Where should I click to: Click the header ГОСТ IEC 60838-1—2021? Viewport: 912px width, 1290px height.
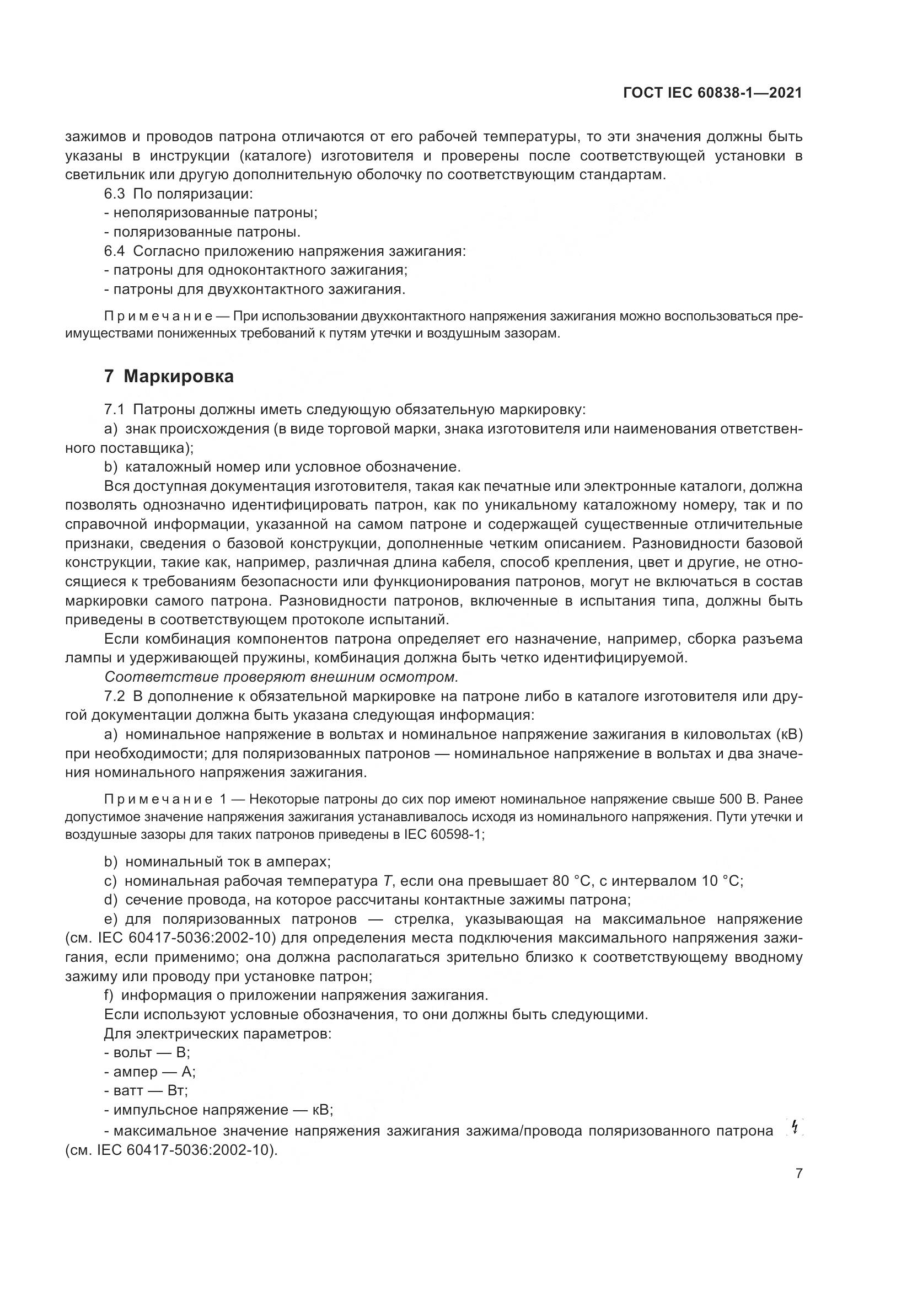click(x=712, y=93)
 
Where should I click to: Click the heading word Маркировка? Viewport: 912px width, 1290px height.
click(x=178, y=377)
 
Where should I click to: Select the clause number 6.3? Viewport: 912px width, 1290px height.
click(x=116, y=194)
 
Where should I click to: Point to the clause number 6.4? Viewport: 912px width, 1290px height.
click(x=116, y=251)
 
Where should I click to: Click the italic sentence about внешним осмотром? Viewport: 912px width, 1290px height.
click(x=281, y=677)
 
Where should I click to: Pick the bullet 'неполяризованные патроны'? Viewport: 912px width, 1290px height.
click(x=211, y=213)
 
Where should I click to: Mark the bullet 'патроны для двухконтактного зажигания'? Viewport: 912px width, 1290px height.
click(x=255, y=290)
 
